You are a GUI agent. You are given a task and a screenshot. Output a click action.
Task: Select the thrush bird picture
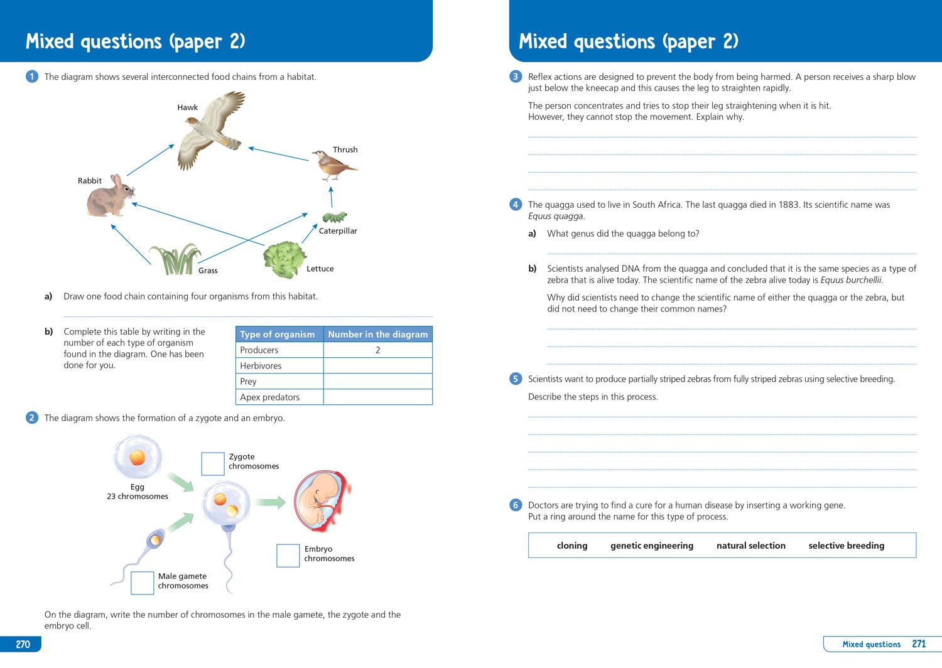pyautogui.click(x=333, y=164)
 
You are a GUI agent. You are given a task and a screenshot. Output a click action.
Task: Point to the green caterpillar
pyautogui.click(x=334, y=217)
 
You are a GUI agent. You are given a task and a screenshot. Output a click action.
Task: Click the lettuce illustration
pyautogui.click(x=284, y=259)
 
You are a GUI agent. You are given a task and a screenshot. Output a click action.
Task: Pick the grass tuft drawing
pyautogui.click(x=175, y=259)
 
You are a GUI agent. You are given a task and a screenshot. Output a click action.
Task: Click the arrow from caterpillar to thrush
pyautogui.click(x=331, y=197)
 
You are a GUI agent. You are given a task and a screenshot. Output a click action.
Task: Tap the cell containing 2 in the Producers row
pyautogui.click(x=377, y=350)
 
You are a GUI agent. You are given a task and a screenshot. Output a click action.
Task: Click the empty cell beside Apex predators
pyautogui.click(x=377, y=397)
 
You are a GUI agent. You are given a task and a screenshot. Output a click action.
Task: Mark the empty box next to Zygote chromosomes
pyautogui.click(x=212, y=464)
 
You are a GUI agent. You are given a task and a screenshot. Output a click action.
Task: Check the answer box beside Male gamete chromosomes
pyautogui.click(x=142, y=583)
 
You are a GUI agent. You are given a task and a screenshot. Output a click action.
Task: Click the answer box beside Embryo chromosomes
pyautogui.click(x=288, y=556)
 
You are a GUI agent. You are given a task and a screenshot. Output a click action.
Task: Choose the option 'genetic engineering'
pyautogui.click(x=652, y=546)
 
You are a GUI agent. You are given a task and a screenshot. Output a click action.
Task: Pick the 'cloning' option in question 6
pyautogui.click(x=572, y=546)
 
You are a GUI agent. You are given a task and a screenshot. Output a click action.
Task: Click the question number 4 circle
pyautogui.click(x=516, y=205)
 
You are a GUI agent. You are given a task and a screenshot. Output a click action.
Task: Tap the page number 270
pyautogui.click(x=23, y=644)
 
